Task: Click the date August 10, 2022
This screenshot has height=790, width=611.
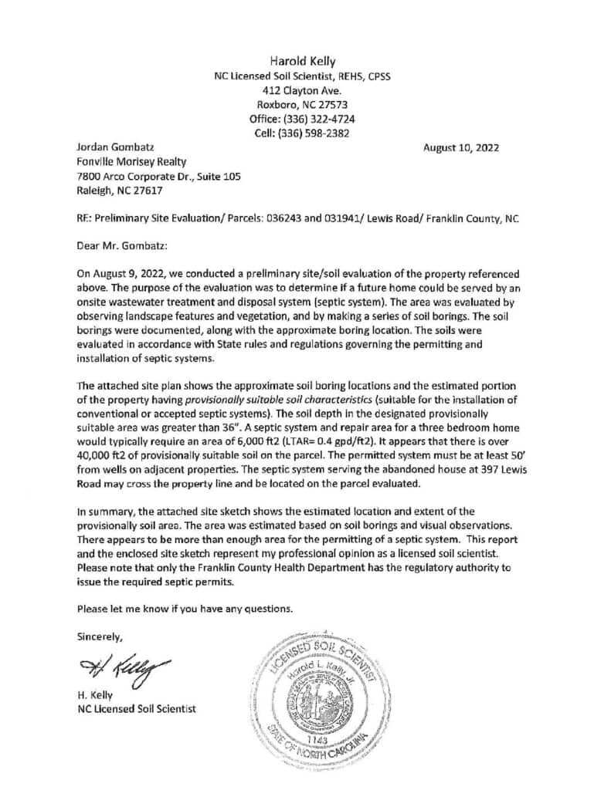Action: pyautogui.click(x=461, y=147)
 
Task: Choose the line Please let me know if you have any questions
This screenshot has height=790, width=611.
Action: pyautogui.click(x=185, y=608)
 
